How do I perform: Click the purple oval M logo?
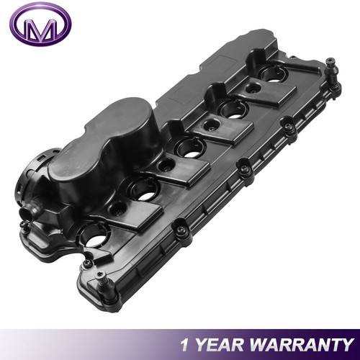pos(42,27)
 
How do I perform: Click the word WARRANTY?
pos(302,343)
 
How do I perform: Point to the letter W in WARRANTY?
pos(261,343)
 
